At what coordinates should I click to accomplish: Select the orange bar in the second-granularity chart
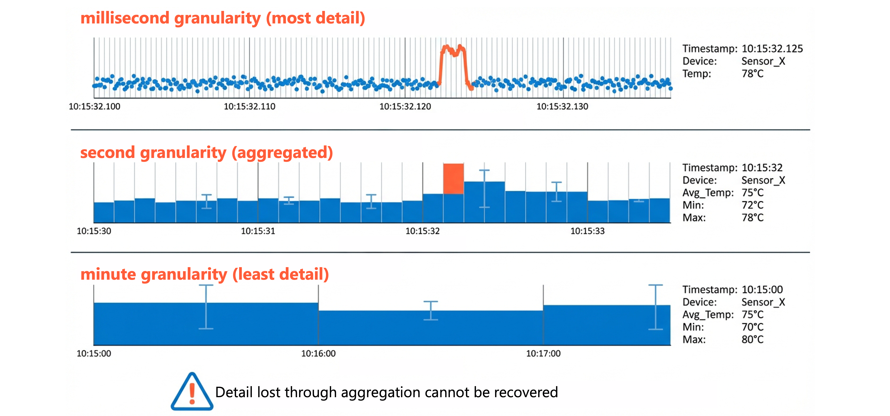[x=453, y=179]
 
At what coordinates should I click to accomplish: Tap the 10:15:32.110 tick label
[x=249, y=106]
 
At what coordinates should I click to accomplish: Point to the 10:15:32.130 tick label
[x=562, y=106]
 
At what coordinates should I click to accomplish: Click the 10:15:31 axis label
[x=258, y=231]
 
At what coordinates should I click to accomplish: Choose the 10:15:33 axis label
[x=587, y=231]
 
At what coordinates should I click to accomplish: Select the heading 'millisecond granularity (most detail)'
[x=223, y=18]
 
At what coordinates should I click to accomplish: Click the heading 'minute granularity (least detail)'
[x=204, y=274]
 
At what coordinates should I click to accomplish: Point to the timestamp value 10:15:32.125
[x=772, y=49]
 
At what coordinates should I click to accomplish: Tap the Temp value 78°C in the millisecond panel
[x=752, y=74]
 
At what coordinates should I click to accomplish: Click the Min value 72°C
[x=752, y=205]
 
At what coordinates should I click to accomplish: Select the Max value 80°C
[x=752, y=340]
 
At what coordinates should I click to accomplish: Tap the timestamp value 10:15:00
[x=762, y=290]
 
